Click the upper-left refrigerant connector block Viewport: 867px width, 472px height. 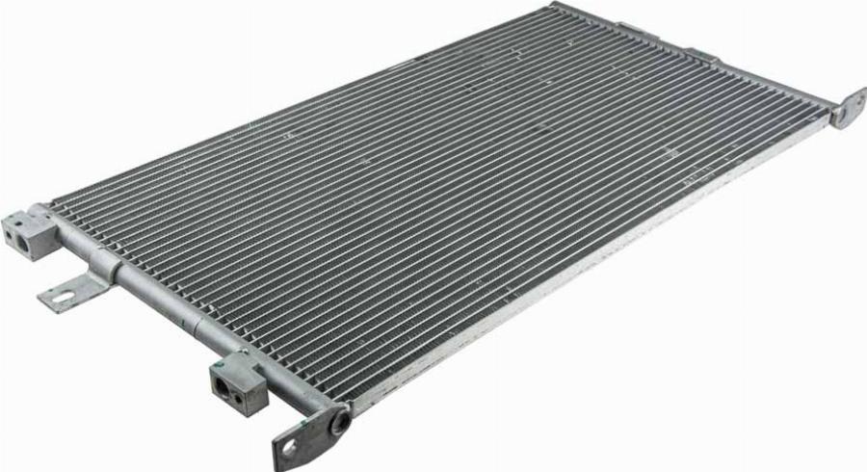[x=28, y=235]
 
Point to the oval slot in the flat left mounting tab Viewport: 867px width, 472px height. [x=60, y=297]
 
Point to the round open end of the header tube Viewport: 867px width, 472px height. [x=339, y=422]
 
